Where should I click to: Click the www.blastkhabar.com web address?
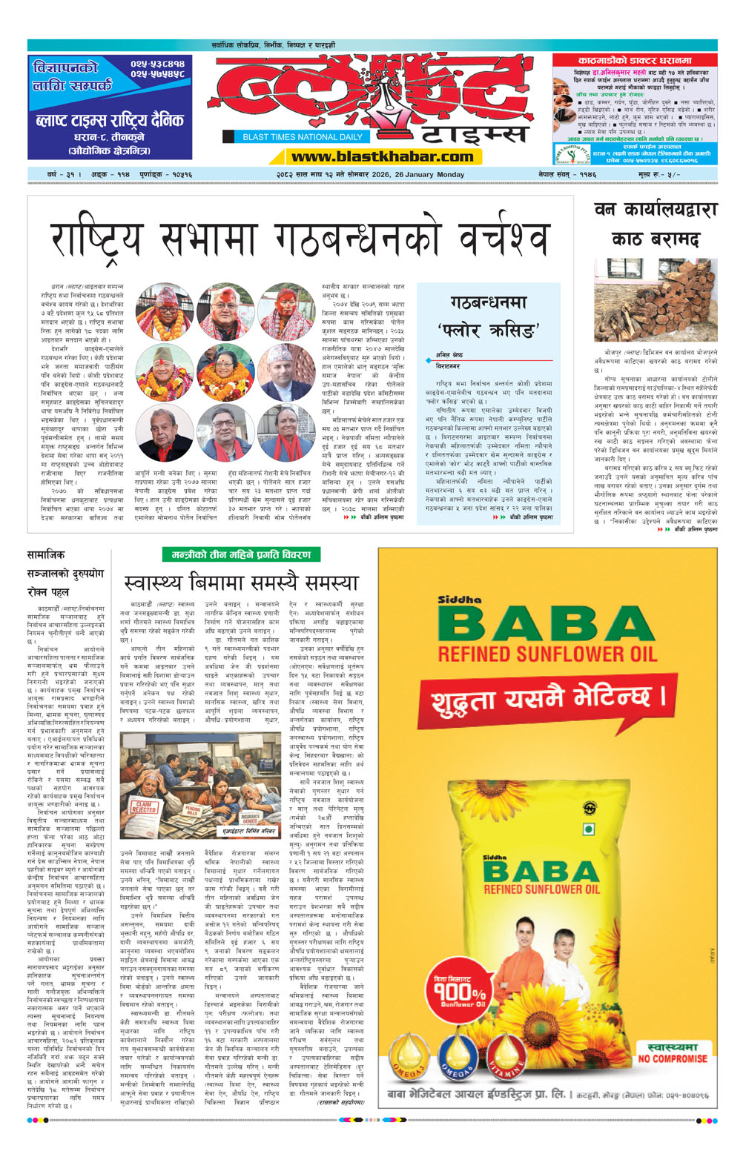pos(382,156)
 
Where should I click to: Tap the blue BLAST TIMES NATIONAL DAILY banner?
pos(303,137)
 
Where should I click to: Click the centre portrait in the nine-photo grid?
pos(225,372)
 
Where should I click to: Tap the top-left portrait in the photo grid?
pos(165,311)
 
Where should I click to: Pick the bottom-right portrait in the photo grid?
pos(286,433)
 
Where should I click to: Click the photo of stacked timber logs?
pos(656,299)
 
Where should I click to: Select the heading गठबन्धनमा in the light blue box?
pos(489,302)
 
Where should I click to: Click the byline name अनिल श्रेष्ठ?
pos(449,355)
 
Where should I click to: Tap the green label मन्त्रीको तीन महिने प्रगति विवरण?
pos(241,554)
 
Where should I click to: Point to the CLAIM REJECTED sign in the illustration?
pos(144,806)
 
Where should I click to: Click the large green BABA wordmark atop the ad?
pos(547,624)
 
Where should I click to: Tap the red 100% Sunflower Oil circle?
pos(459,992)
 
